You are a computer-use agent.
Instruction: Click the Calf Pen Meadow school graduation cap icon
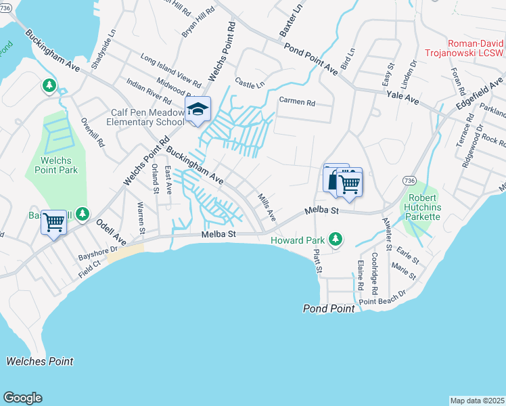(x=198, y=110)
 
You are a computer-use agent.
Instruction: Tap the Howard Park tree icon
(x=334, y=239)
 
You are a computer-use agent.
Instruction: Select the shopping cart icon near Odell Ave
(x=53, y=221)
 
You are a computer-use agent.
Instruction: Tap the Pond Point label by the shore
(x=328, y=309)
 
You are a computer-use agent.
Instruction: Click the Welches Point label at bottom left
(x=40, y=361)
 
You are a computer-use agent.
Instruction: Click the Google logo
(x=22, y=398)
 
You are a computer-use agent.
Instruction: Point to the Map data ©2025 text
(x=477, y=400)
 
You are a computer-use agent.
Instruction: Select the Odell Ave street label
(x=111, y=231)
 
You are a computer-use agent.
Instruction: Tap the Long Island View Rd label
(x=171, y=70)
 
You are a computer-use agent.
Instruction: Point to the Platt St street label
(x=317, y=261)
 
